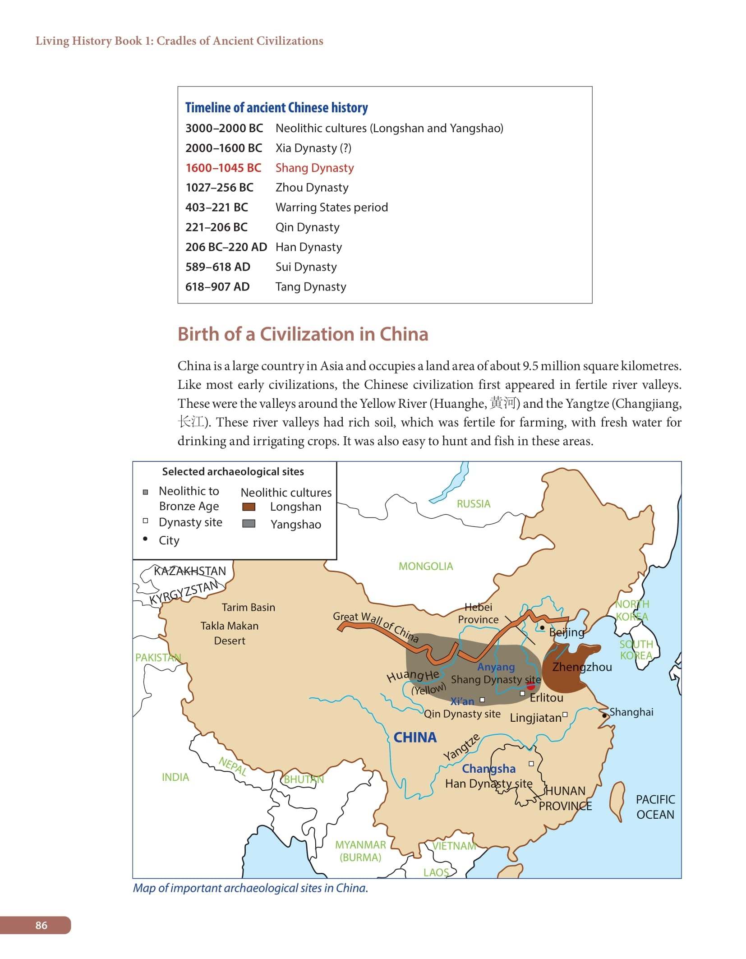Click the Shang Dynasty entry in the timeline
pyautogui.click(x=314, y=168)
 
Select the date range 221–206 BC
pyautogui.click(x=216, y=227)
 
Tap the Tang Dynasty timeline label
pyautogui.click(x=311, y=287)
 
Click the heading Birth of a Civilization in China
pyautogui.click(x=303, y=334)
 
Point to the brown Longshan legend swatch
pyautogui.click(x=249, y=507)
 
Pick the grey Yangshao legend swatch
pyautogui.click(x=249, y=524)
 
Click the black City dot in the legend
pyautogui.click(x=145, y=539)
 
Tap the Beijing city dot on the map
pyautogui.click(x=542, y=627)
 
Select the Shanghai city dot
pyautogui.click(x=604, y=715)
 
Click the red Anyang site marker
pyautogui.click(x=531, y=686)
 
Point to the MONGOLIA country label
pyautogui.click(x=425, y=566)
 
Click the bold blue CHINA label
pyautogui.click(x=415, y=738)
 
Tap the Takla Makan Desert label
pyautogui.click(x=229, y=633)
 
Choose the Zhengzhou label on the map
pyautogui.click(x=582, y=667)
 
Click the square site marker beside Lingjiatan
pyautogui.click(x=565, y=715)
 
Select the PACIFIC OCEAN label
pyautogui.click(x=655, y=807)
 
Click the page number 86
pyautogui.click(x=41, y=925)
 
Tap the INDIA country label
pyautogui.click(x=175, y=777)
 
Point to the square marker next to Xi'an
pyautogui.click(x=482, y=700)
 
